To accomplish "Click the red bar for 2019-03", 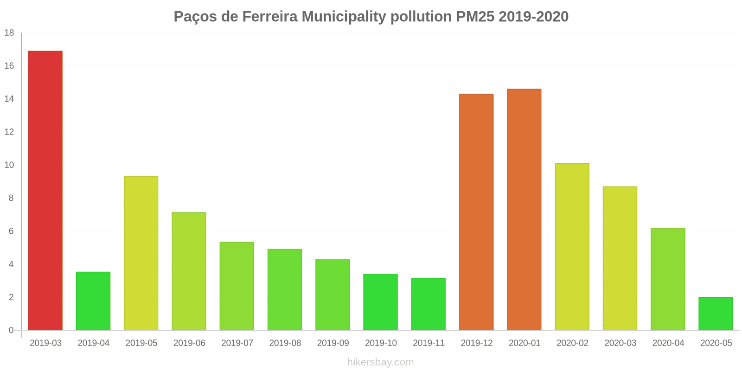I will [45, 190].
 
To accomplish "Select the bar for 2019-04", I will [93, 301].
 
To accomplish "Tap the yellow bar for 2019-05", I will [141, 253].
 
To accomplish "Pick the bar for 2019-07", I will [237, 286].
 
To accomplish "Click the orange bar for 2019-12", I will [476, 212].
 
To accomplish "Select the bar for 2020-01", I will [524, 209].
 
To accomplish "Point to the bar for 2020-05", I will [716, 313].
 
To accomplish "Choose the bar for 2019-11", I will [429, 304].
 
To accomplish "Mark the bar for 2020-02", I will [572, 247].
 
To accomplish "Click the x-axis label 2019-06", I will [189, 343].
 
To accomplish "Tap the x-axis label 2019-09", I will [333, 343].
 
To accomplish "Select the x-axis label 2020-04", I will [668, 343].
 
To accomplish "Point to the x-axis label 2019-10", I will [381, 343].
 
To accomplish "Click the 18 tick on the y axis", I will [9, 33].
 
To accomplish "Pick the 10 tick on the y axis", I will [9, 165].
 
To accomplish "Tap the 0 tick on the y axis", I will [11, 330].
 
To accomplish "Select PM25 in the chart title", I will [475, 17].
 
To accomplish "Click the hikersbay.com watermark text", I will [380, 362].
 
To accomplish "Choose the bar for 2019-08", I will [285, 289].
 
